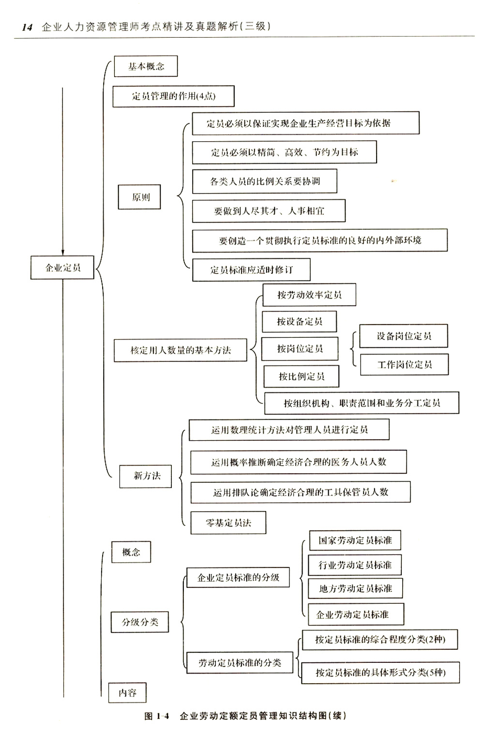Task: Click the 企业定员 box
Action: tap(62, 268)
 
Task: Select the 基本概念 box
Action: tap(146, 66)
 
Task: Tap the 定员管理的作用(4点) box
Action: tap(173, 96)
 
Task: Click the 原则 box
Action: tap(139, 197)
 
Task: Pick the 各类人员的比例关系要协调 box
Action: tap(264, 181)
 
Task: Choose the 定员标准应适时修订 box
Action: tap(251, 270)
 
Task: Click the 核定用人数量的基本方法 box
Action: tap(180, 350)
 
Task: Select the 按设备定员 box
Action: tap(299, 321)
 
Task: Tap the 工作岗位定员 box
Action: tap(404, 364)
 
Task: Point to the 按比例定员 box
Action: tap(302, 376)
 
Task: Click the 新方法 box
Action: tap(146, 476)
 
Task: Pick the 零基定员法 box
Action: tap(228, 523)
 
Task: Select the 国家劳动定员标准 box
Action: tap(355, 540)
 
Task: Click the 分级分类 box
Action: tap(139, 622)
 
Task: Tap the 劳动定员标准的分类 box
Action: tap(240, 662)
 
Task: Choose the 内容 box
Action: tap(127, 692)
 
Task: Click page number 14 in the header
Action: tap(27, 27)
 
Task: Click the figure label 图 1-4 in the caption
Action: tap(157, 716)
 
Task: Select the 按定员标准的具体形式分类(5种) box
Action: tap(380, 673)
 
